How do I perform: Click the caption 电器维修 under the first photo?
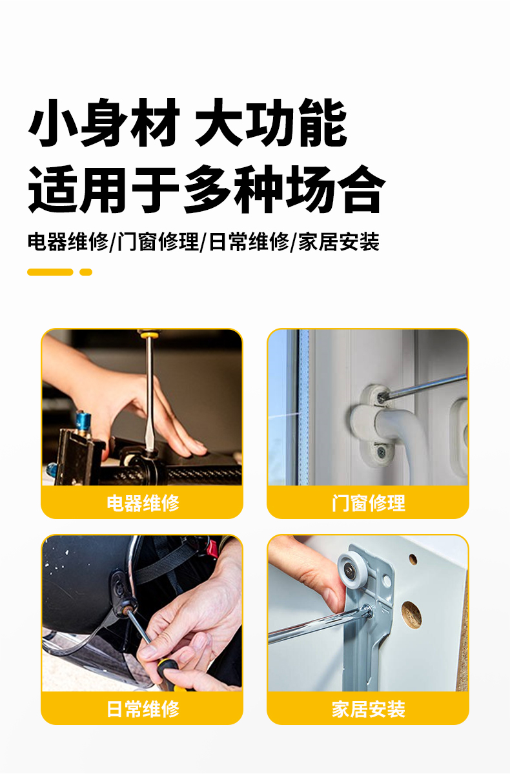143,503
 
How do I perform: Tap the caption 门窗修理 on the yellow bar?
368,503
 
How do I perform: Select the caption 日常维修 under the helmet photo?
143,709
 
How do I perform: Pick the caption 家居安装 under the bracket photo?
368,709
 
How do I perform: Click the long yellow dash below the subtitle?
50,272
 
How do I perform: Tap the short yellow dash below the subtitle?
86,272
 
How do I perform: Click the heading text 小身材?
104,123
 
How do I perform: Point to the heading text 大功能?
271,123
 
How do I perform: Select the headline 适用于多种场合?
207,189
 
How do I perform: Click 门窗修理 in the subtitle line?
158,241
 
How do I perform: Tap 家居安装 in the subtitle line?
339,241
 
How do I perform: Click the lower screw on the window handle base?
381,451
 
